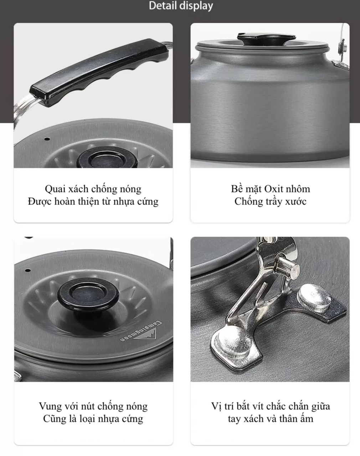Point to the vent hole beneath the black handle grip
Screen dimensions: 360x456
[x=47, y=139]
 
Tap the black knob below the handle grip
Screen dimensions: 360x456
[x=107, y=158]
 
